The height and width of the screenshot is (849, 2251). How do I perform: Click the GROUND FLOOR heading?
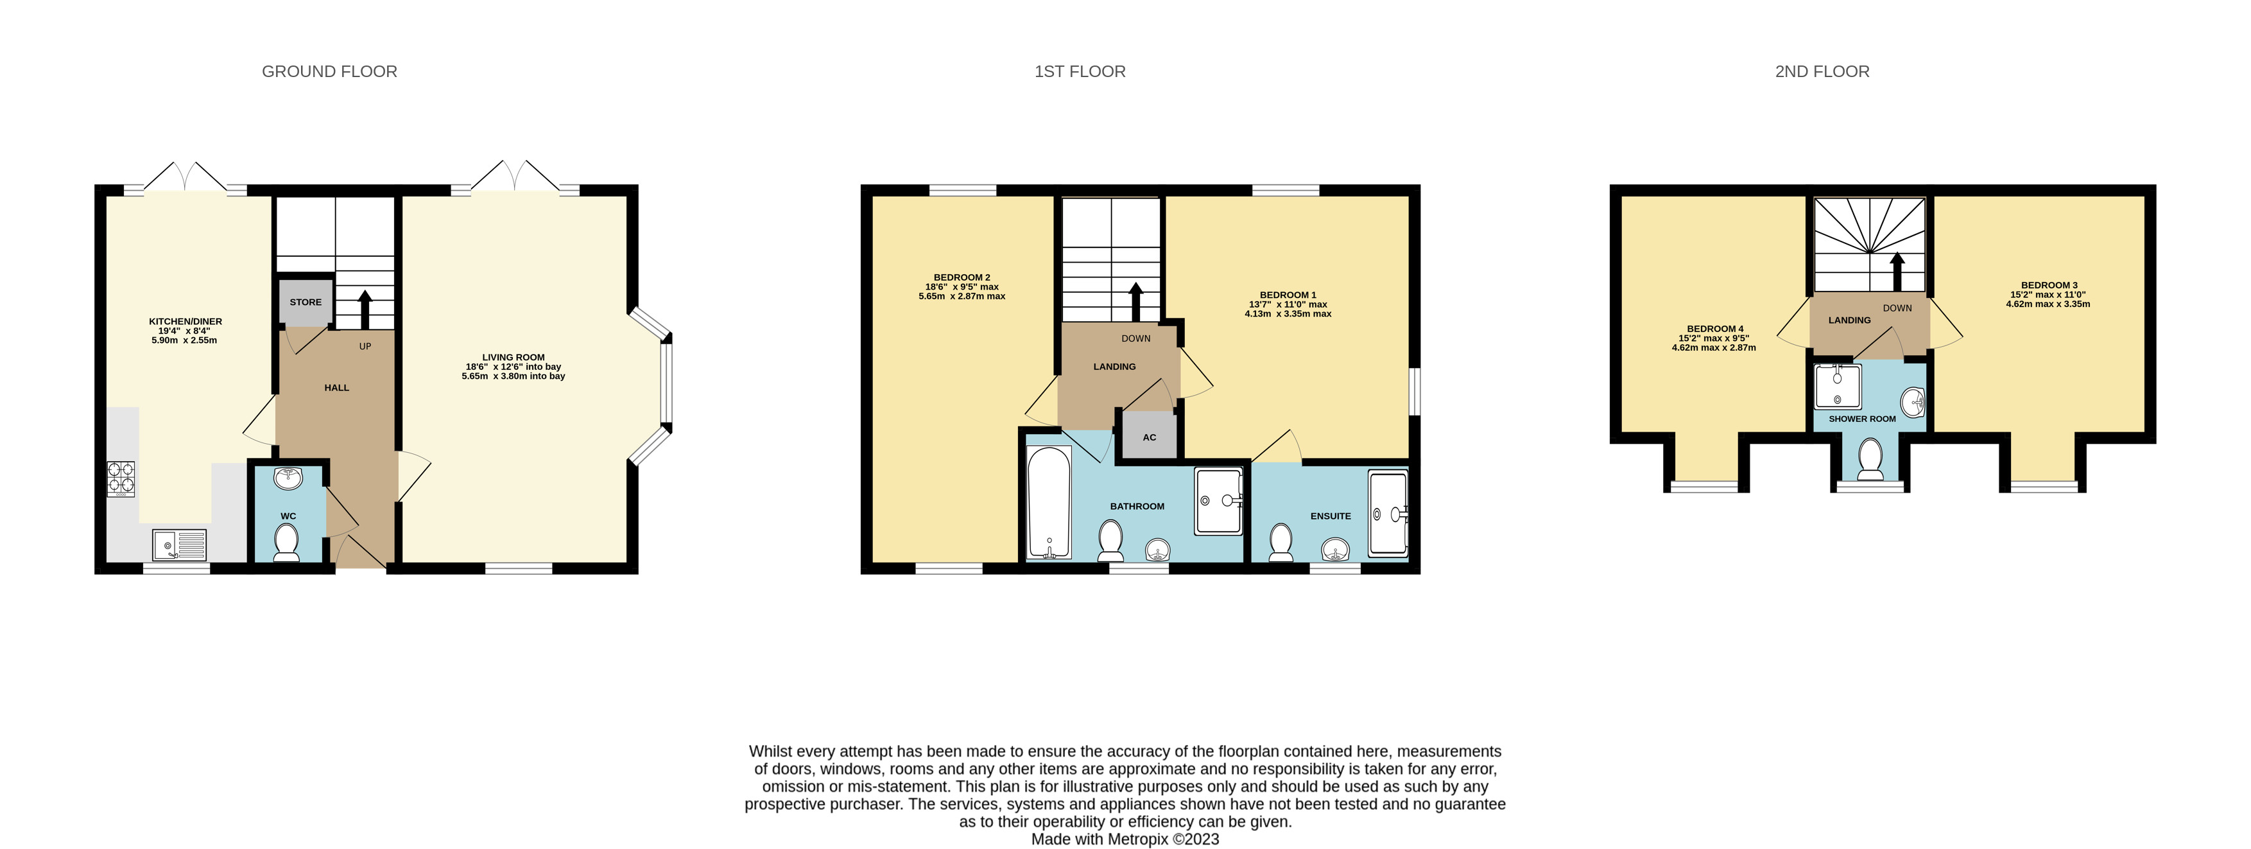pos(329,72)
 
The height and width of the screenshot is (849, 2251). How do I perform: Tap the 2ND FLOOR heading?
pos(1822,72)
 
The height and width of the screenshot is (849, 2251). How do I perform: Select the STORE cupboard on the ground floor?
pos(306,302)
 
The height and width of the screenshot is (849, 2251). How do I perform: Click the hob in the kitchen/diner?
pos(121,479)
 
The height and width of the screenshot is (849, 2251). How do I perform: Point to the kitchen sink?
pos(179,545)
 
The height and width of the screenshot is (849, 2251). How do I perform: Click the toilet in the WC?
pos(287,542)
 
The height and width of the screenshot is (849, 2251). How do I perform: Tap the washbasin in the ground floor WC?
pos(288,478)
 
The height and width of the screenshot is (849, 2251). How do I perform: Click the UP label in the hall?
pos(365,346)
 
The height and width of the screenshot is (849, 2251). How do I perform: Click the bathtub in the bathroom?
pos(1049,503)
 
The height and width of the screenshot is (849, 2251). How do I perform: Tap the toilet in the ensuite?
pos(1281,542)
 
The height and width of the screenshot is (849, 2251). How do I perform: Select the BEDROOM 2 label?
pos(962,277)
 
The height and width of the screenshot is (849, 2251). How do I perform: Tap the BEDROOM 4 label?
pos(1715,329)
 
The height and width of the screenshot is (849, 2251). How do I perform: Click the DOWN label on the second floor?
pos(1897,308)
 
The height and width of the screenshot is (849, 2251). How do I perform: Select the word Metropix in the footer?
pos(1138,839)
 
